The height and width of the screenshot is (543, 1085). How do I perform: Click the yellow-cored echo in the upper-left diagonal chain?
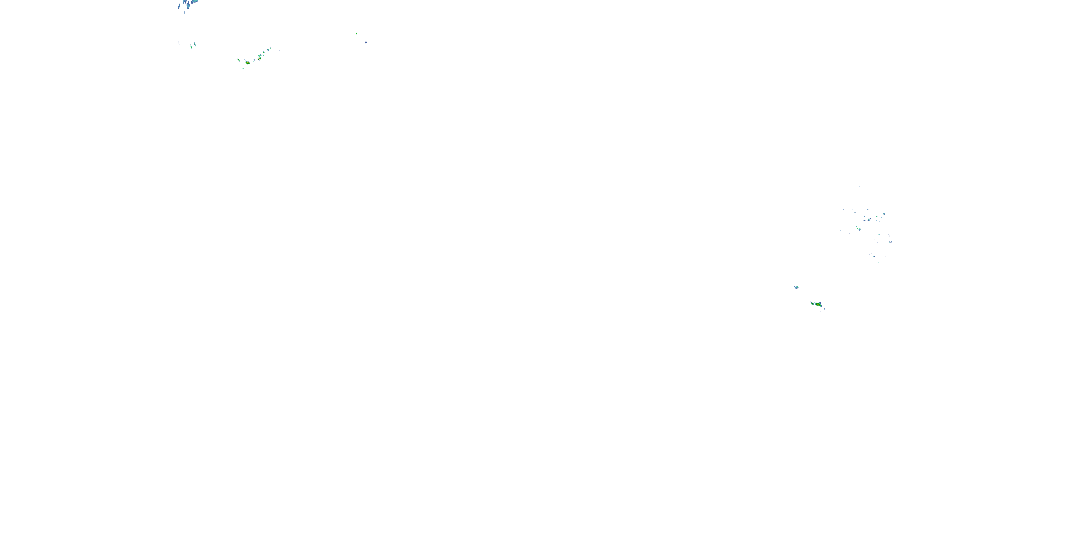click(x=248, y=62)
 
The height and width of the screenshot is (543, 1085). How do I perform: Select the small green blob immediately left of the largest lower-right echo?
click(x=812, y=303)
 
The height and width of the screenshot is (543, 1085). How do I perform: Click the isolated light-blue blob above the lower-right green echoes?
click(x=796, y=287)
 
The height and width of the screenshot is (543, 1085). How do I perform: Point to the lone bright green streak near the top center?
click(x=356, y=33)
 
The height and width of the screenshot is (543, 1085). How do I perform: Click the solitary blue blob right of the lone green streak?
click(x=366, y=42)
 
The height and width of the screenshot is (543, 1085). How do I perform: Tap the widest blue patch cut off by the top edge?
click(x=194, y=2)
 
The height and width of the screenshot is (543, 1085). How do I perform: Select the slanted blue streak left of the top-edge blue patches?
click(x=179, y=6)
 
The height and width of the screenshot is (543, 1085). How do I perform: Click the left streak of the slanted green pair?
click(x=191, y=46)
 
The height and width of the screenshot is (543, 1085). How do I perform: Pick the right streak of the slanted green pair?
click(x=195, y=44)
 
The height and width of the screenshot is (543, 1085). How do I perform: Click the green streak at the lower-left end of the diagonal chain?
click(x=238, y=60)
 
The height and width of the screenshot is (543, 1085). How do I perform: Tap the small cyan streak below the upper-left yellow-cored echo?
click(x=243, y=68)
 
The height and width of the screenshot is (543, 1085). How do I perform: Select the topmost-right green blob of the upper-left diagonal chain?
click(x=269, y=49)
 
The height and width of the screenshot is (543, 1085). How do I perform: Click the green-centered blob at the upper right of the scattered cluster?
click(x=884, y=214)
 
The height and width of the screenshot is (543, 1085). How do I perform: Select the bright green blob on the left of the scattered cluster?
click(x=859, y=229)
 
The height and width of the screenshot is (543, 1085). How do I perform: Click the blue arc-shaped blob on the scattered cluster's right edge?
click(x=890, y=241)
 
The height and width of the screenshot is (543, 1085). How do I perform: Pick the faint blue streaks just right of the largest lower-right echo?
click(x=824, y=309)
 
